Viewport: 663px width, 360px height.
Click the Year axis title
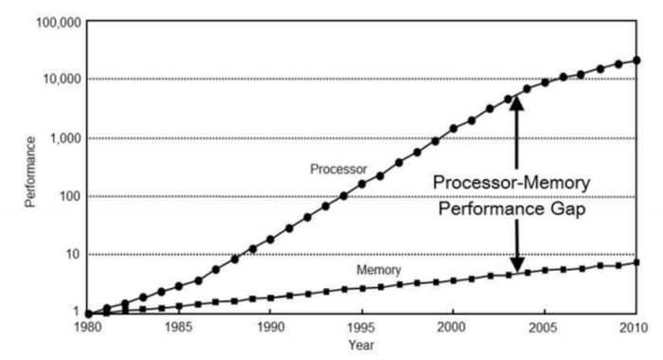click(362, 346)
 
